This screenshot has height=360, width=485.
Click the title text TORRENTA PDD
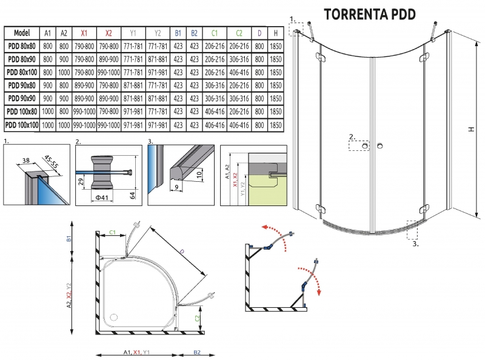(x=370, y=14)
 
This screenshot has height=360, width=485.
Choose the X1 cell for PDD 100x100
(x=84, y=125)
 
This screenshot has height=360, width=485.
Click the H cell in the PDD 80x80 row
(x=276, y=45)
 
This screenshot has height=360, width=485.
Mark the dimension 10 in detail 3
(x=200, y=175)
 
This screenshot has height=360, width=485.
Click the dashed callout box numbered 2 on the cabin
(x=358, y=145)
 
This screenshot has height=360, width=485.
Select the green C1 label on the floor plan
(x=113, y=231)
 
